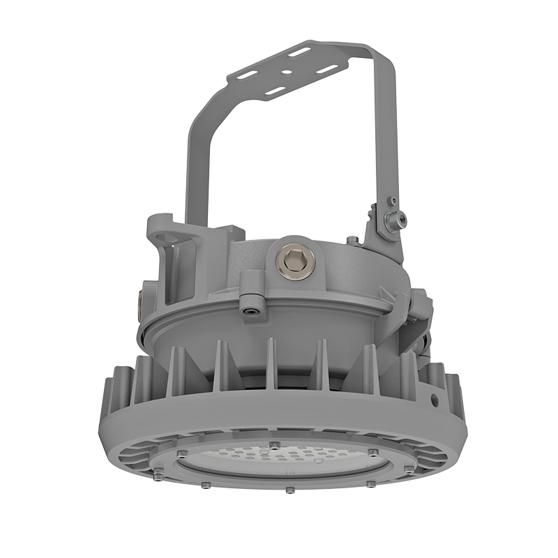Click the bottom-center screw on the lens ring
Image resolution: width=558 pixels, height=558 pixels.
tap(289, 490)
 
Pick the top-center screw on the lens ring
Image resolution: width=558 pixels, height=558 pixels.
tap(276, 445)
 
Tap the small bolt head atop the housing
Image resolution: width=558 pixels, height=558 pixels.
tap(353, 241)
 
